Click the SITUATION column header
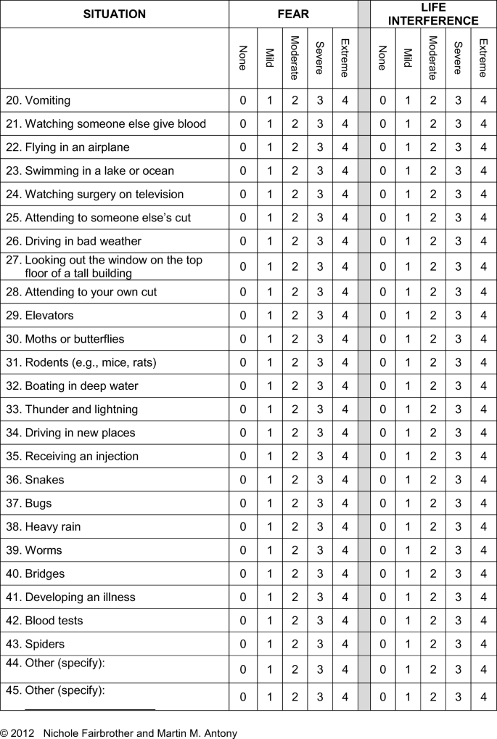point(114,14)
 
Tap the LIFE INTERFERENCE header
point(433,14)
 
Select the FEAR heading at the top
point(292,14)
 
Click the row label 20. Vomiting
point(38,100)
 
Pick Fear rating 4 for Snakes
point(345,480)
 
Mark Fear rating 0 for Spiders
point(243,644)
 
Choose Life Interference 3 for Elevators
point(458,316)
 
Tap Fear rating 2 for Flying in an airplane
point(295,147)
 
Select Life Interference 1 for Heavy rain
point(408,526)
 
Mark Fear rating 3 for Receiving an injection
point(320,457)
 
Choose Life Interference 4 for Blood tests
point(483,621)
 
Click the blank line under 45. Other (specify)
point(90,707)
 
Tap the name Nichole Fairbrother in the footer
point(89,733)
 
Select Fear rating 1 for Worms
point(269,550)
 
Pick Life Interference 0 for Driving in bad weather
point(382,241)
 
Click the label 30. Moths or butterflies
point(65,339)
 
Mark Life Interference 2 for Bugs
point(433,503)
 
